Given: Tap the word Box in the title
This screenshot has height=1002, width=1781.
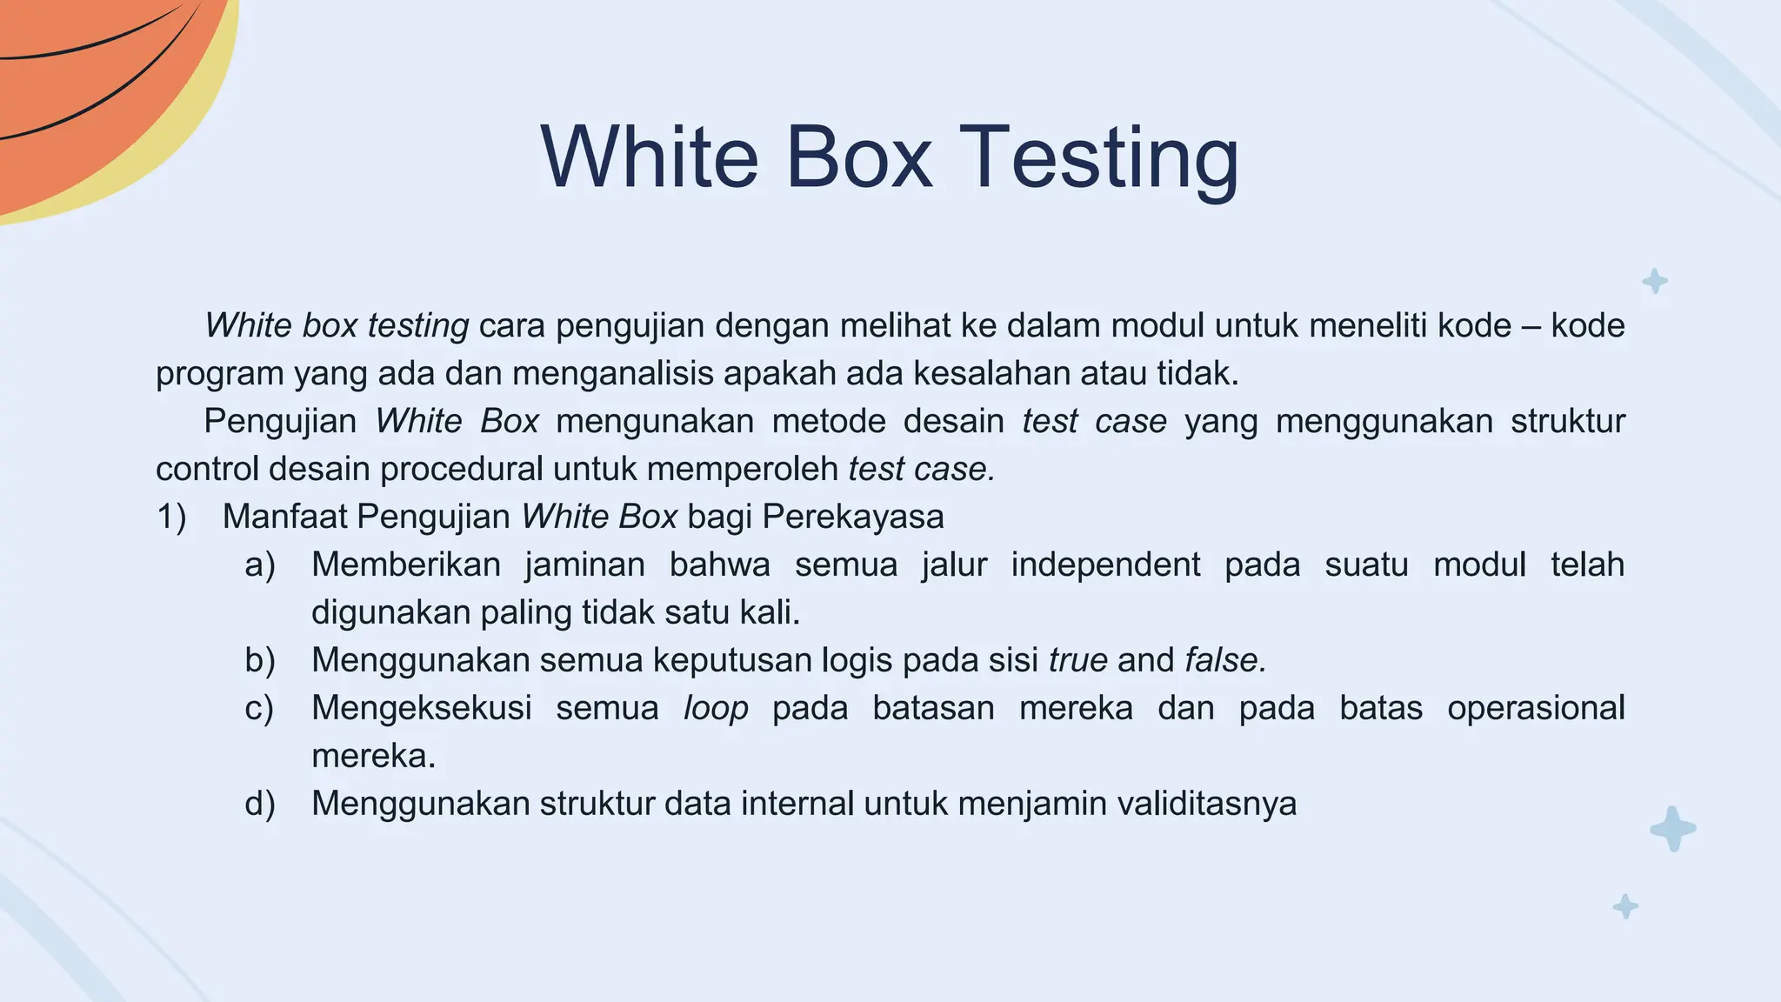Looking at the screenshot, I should [x=858, y=157].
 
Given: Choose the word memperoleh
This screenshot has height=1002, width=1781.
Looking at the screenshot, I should [x=743, y=470].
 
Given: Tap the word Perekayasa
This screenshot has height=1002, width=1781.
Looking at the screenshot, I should [x=852, y=518].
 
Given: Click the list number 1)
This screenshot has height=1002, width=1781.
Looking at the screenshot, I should [x=171, y=518].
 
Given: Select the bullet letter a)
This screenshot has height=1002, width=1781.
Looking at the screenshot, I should [x=260, y=565].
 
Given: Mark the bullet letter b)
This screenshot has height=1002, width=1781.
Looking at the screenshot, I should [x=260, y=661].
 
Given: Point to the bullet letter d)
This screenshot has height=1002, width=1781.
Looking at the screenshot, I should [x=260, y=804].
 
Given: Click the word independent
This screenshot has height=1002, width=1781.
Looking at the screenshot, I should [x=1105, y=565].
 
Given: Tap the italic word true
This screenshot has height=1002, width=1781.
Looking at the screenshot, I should [x=1077, y=661].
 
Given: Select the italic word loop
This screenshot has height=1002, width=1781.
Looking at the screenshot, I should [x=716, y=709].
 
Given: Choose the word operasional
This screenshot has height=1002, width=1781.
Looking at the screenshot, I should [x=1536, y=709].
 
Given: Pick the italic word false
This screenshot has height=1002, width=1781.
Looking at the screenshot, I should [x=1224, y=661].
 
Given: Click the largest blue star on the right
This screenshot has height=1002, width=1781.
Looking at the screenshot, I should [x=1672, y=828].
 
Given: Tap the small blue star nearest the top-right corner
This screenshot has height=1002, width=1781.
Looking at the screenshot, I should [x=1654, y=281].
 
